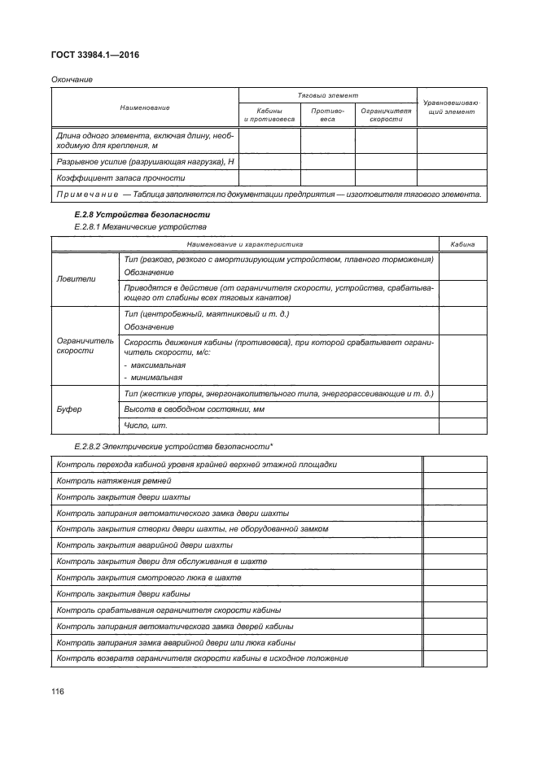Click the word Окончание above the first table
(x=72, y=80)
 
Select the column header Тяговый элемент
(x=326, y=96)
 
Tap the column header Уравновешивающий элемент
(x=452, y=107)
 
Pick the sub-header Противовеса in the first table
(x=328, y=114)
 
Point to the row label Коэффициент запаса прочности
(x=120, y=177)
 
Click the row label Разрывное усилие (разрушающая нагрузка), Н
(x=144, y=162)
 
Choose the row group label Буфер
(x=69, y=409)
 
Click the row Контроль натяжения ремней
(x=113, y=481)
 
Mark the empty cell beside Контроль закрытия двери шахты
(x=455, y=496)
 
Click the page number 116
(x=58, y=691)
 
